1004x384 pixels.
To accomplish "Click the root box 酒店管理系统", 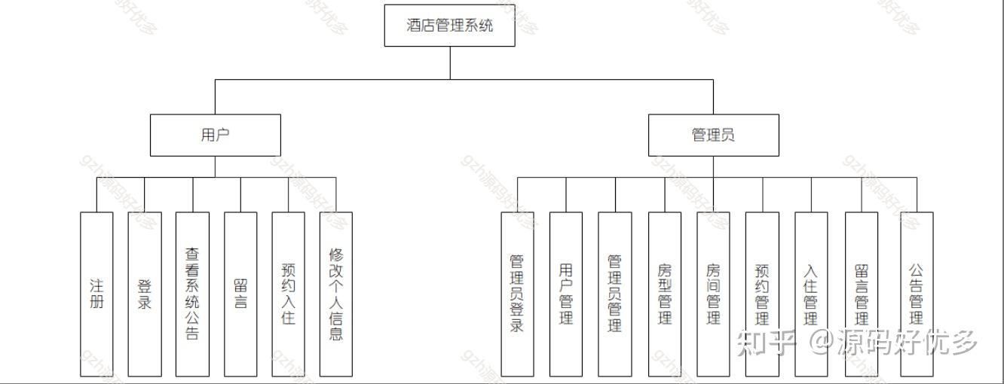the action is [x=450, y=26].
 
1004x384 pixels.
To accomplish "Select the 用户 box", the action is [x=215, y=136].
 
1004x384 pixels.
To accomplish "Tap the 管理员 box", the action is [x=713, y=136].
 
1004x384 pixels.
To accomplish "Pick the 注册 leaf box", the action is [x=96, y=294].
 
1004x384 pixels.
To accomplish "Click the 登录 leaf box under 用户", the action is [x=145, y=294].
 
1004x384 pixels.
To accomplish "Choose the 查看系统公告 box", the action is [x=192, y=294].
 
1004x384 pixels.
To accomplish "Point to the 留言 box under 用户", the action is [x=240, y=294].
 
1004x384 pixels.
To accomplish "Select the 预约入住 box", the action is [x=289, y=294].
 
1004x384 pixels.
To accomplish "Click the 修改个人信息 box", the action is [x=336, y=294].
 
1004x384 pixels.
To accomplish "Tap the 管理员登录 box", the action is [x=517, y=294].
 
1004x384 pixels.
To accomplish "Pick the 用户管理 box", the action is [x=566, y=294].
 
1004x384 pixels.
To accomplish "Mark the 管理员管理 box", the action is [x=615, y=294].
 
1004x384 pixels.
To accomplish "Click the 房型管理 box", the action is [x=665, y=294].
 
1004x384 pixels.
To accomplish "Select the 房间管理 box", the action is [x=713, y=294].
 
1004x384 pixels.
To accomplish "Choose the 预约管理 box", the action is [x=762, y=294].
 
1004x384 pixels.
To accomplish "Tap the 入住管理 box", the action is [x=811, y=294].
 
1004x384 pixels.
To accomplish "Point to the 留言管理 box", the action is [x=862, y=294].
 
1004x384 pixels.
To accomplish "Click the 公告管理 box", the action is [x=917, y=294].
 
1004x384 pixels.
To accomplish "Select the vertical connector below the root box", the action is [x=451, y=62].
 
